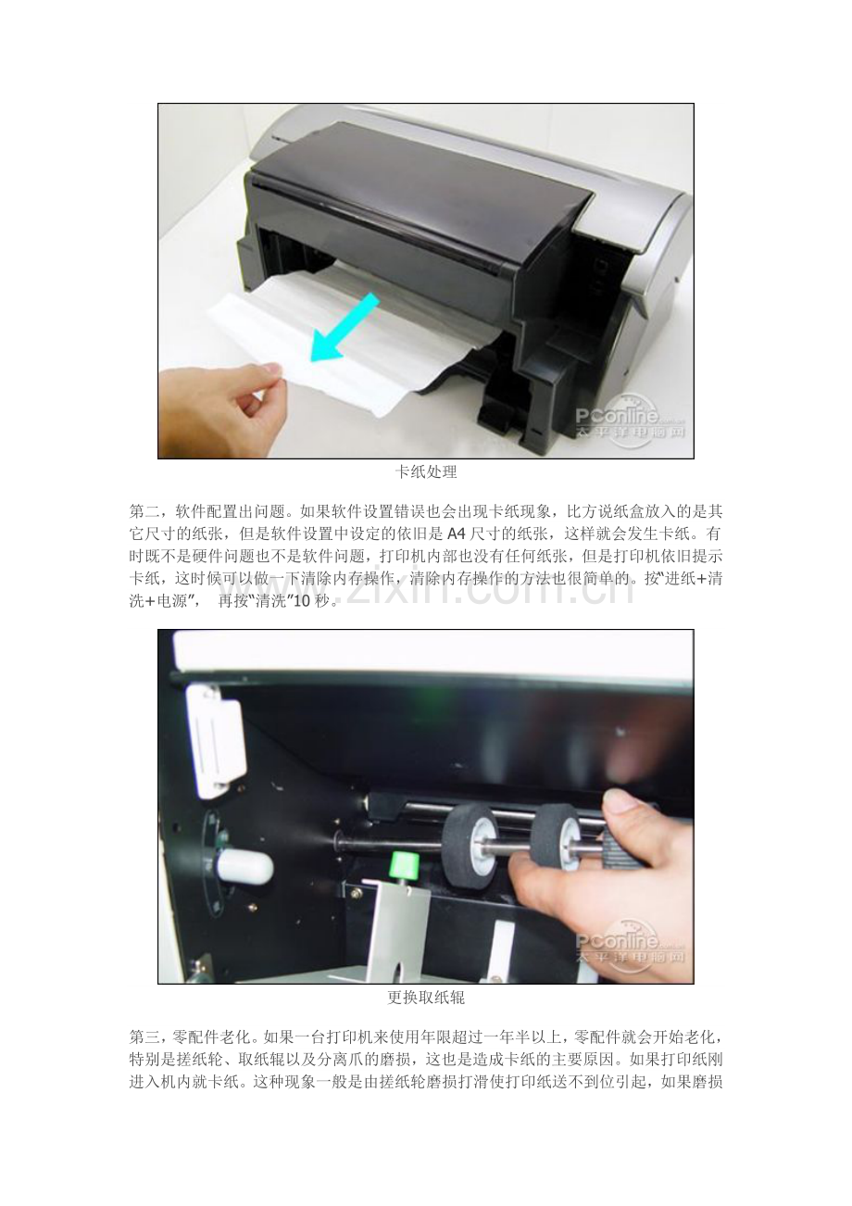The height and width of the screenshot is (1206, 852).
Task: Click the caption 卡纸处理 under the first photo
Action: tap(426, 472)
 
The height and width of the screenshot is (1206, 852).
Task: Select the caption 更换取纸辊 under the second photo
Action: tap(426, 998)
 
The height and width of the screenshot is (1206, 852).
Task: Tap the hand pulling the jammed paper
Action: tap(226, 409)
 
